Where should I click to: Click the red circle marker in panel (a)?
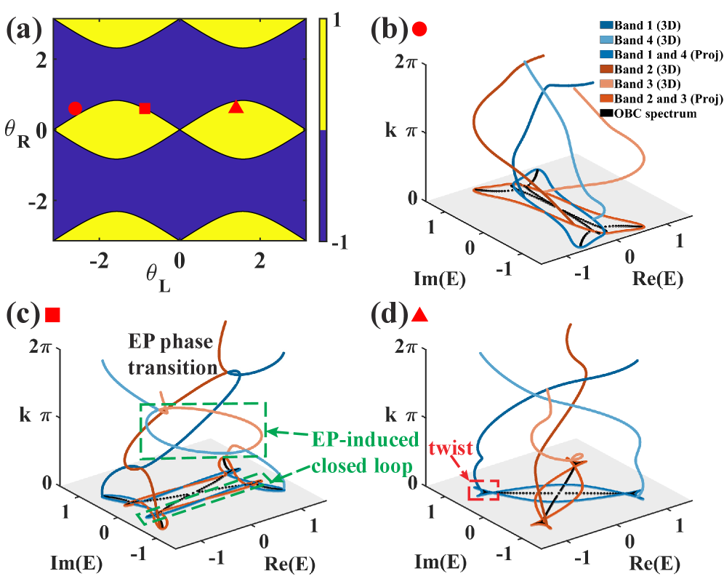click(74, 108)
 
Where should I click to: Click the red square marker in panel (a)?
click(145, 108)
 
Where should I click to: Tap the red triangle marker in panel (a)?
click(236, 107)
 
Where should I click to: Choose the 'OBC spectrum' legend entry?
click(655, 113)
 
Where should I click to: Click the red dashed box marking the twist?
click(483, 490)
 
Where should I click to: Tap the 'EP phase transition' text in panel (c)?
click(173, 354)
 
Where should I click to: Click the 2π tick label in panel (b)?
click(405, 63)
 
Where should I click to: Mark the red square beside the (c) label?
click(52, 314)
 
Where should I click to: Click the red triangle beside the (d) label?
click(419, 314)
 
